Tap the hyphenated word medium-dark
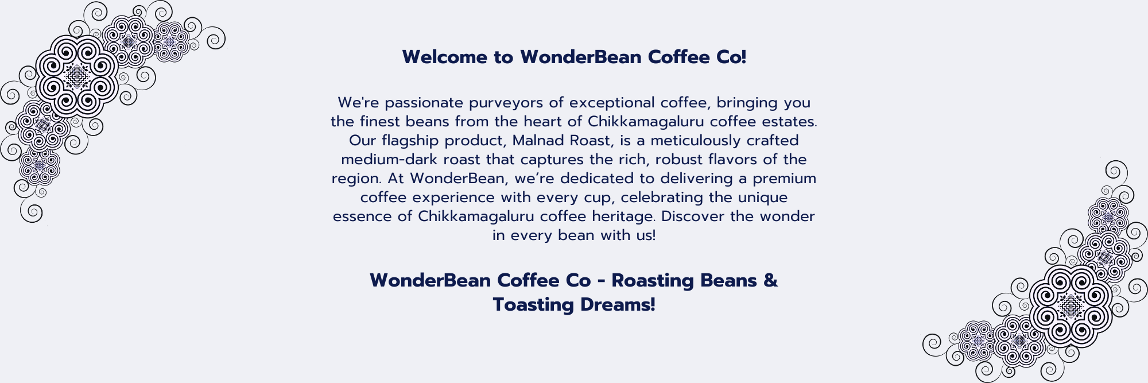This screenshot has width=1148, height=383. (x=381, y=160)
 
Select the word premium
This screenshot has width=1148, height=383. (x=785, y=179)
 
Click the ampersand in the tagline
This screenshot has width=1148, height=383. (x=770, y=280)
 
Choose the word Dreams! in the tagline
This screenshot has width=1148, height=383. (x=618, y=304)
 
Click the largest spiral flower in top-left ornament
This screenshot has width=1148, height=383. (x=76, y=76)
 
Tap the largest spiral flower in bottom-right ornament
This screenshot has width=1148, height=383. (x=1071, y=306)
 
